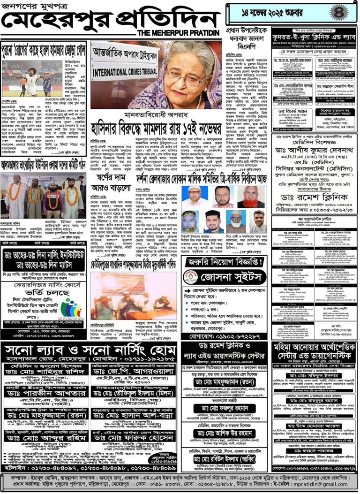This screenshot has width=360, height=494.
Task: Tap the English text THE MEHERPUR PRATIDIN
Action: click(x=179, y=33)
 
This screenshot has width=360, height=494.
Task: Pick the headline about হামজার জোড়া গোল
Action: click(x=43, y=48)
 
